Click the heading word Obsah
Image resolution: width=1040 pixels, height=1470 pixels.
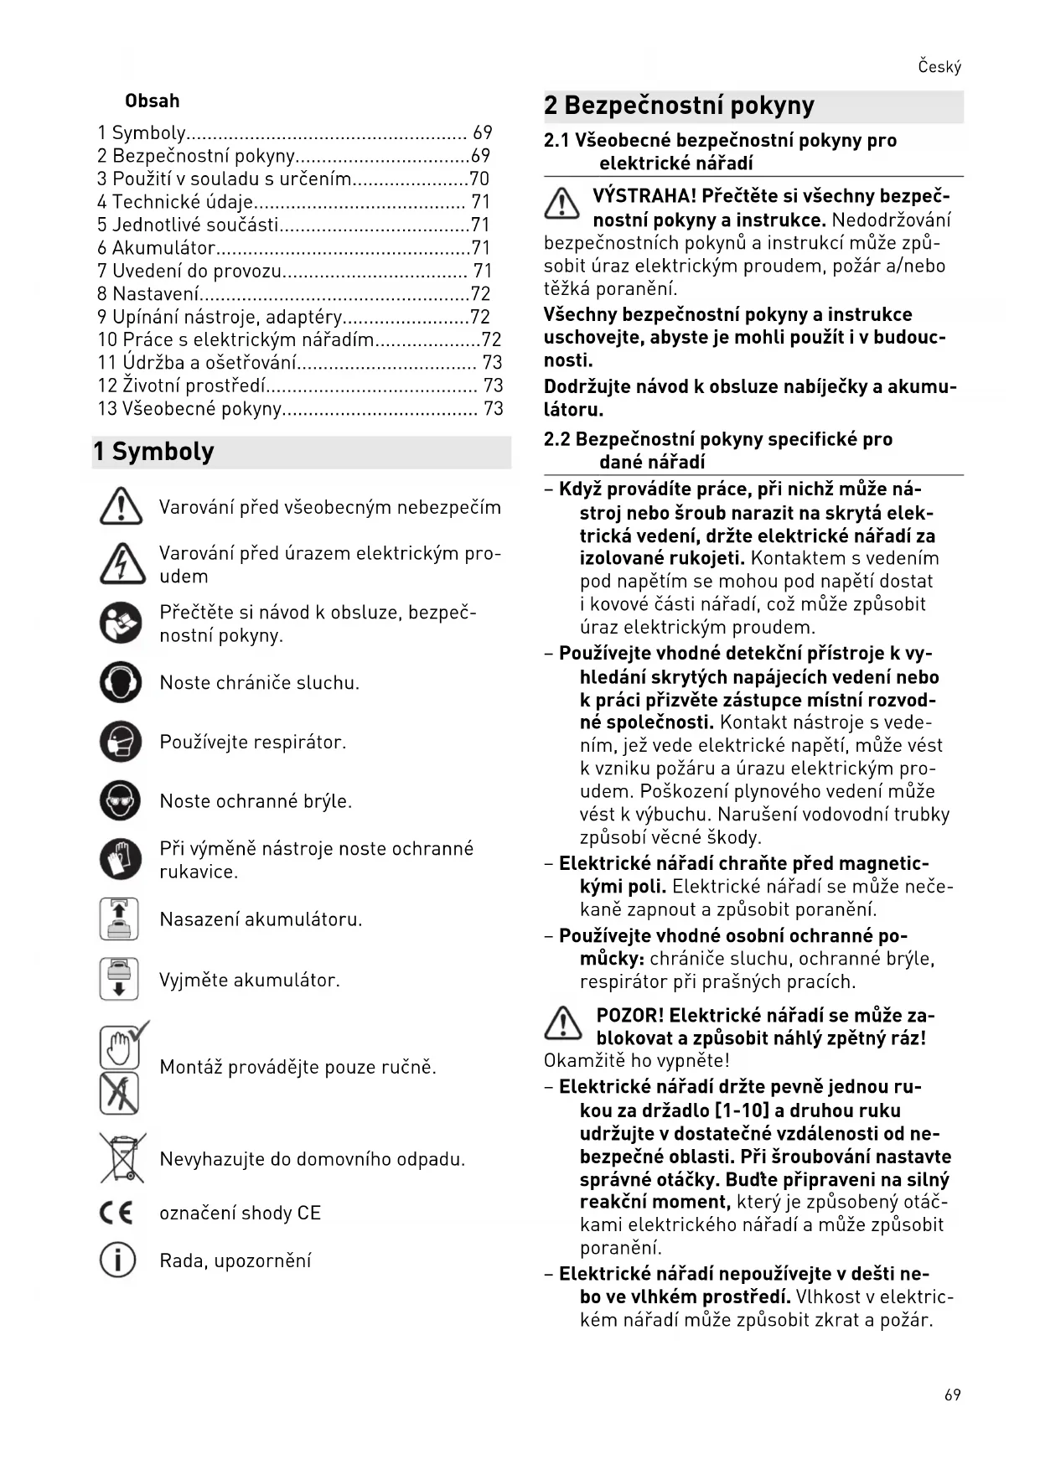(152, 101)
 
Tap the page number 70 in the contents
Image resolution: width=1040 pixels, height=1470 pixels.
(479, 179)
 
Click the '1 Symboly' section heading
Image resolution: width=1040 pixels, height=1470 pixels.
(153, 452)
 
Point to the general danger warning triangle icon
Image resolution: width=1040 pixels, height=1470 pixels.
(121, 507)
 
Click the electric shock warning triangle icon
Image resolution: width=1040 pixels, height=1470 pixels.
(122, 563)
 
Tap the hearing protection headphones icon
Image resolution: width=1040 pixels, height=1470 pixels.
(121, 681)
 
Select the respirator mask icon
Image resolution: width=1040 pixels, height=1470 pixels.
(121, 741)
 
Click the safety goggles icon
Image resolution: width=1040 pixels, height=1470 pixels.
(121, 800)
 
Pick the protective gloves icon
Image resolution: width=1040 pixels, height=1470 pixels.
(121, 859)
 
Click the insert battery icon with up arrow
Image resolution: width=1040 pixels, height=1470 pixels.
(119, 919)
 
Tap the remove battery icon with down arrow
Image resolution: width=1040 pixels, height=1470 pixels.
(119, 979)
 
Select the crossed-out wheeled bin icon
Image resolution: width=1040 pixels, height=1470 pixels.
(122, 1158)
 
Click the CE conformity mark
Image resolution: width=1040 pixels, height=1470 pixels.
(116, 1213)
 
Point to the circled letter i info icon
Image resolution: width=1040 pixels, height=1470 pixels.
(117, 1260)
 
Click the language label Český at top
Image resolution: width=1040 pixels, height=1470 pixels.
(939, 67)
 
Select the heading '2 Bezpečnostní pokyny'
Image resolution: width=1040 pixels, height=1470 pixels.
(679, 106)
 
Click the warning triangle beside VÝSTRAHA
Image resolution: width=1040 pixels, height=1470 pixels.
(561, 204)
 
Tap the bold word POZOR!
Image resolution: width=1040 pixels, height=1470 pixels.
(629, 1015)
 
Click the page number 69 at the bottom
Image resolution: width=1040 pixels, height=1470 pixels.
(952, 1395)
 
